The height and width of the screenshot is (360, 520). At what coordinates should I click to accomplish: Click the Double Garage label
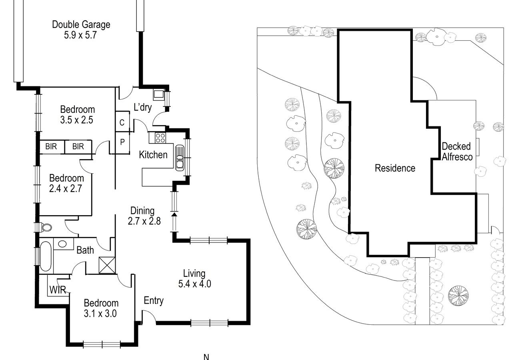(x=81, y=25)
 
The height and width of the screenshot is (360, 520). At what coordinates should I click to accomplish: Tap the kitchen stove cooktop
(x=160, y=138)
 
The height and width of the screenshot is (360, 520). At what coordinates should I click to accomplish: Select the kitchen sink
(x=180, y=158)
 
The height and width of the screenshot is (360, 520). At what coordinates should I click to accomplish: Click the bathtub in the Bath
(x=46, y=256)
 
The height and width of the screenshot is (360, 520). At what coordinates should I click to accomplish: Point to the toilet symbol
(x=46, y=228)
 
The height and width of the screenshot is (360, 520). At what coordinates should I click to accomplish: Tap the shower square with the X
(x=107, y=265)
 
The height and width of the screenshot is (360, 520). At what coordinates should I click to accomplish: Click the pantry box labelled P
(x=122, y=142)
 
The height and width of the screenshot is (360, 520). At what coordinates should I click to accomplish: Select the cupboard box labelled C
(x=122, y=122)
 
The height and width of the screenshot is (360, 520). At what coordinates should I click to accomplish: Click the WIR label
(x=58, y=290)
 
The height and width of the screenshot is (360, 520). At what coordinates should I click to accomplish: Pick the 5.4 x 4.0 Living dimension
(x=194, y=284)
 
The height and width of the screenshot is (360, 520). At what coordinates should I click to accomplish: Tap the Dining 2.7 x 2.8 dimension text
(x=144, y=221)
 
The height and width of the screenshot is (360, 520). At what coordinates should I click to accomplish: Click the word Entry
(x=154, y=300)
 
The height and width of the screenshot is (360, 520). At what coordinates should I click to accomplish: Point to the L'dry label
(x=143, y=107)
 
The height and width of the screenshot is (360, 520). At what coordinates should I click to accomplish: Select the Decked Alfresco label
(x=457, y=152)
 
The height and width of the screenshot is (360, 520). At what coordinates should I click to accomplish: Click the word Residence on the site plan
(x=395, y=168)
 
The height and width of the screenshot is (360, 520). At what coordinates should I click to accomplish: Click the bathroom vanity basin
(x=62, y=244)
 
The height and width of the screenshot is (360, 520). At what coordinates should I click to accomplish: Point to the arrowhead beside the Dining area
(x=174, y=215)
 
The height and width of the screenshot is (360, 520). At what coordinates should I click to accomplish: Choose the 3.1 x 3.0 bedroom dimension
(x=100, y=314)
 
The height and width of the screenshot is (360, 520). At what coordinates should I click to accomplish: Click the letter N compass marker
(x=206, y=357)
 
